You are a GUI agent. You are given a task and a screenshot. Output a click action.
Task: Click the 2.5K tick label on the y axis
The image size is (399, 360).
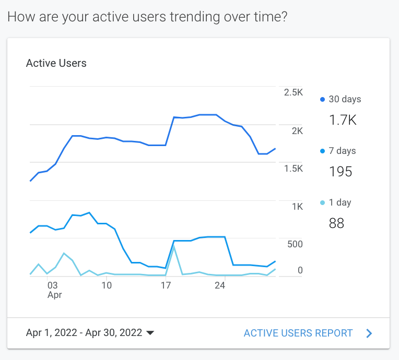point(293,92)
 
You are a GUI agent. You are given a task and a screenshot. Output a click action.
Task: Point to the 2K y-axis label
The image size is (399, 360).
point(297,130)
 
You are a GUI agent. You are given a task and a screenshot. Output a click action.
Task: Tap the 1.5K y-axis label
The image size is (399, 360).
point(293,169)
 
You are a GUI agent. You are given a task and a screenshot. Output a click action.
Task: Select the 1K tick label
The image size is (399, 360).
point(297,207)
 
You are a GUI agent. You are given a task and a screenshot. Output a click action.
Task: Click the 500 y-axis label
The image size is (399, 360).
point(295,244)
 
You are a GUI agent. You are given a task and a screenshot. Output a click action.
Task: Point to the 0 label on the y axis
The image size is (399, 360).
point(300,270)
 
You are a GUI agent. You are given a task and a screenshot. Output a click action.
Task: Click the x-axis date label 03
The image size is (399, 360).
point(52,285)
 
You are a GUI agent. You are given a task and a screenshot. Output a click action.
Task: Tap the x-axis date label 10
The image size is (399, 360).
point(107,285)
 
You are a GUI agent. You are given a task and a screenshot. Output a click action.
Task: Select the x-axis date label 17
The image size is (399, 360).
point(166,285)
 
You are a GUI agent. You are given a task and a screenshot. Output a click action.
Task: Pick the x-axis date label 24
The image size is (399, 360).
point(220,285)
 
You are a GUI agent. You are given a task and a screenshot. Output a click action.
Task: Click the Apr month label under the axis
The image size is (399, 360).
point(55,295)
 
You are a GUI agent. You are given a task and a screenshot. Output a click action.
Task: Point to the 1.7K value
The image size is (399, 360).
point(343,121)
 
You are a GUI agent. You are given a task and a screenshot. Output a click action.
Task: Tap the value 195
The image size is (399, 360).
point(341,172)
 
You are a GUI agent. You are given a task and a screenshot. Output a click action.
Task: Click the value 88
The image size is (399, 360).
point(336,224)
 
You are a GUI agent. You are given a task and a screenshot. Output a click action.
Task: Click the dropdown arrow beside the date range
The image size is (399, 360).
point(150,333)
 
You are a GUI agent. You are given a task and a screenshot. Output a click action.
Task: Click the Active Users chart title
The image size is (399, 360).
point(56,64)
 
